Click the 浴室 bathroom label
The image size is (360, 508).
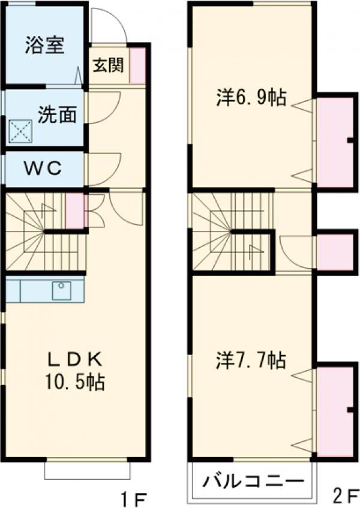(x=45, y=46)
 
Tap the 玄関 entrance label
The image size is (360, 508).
(x=105, y=65)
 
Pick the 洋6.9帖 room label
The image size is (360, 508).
(x=251, y=98)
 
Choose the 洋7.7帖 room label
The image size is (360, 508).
(x=251, y=360)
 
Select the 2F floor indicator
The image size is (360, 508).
(x=344, y=497)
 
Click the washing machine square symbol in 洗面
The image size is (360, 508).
(x=20, y=130)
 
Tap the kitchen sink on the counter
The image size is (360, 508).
(x=61, y=290)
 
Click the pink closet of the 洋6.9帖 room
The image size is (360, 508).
(x=335, y=142)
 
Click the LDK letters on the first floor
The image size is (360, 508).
(x=75, y=359)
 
